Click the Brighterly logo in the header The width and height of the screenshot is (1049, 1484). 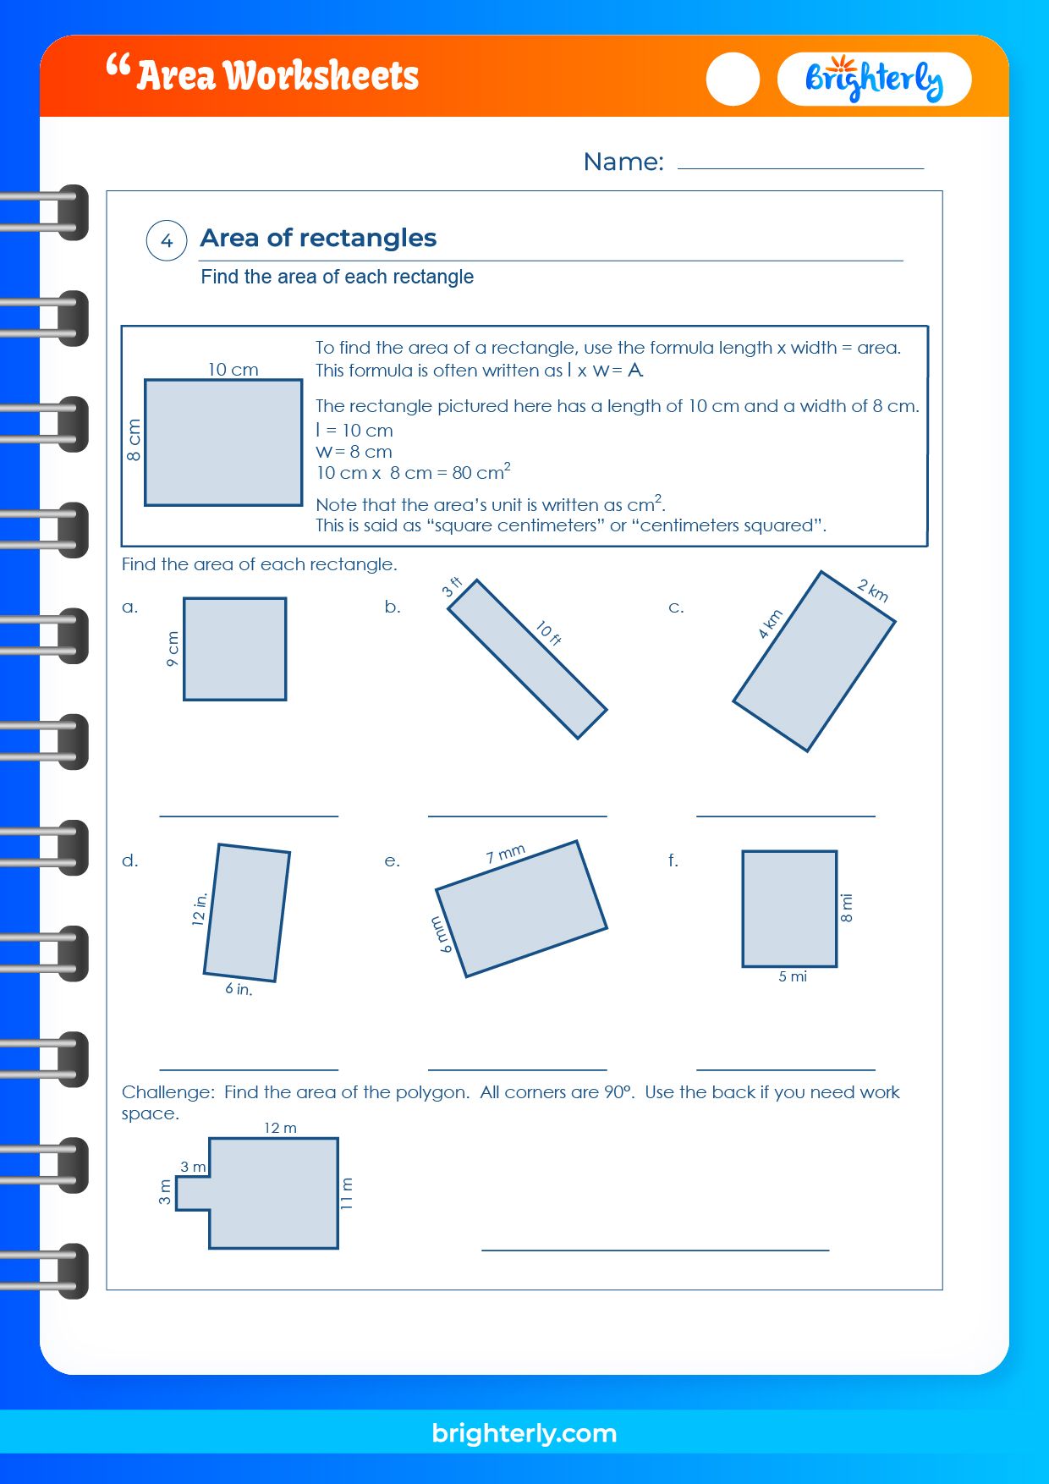tap(873, 80)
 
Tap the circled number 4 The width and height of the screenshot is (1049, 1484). tap(167, 241)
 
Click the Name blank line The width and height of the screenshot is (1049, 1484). tap(799, 167)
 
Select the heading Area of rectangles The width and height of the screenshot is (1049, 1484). tap(318, 238)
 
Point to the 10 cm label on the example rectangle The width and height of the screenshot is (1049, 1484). tap(233, 370)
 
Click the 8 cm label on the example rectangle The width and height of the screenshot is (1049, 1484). tap(134, 440)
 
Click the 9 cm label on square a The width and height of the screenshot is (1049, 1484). tap(173, 649)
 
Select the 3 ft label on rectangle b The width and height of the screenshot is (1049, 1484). tap(453, 586)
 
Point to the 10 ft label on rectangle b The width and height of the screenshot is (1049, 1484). tap(548, 633)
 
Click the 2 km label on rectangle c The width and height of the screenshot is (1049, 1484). tap(872, 591)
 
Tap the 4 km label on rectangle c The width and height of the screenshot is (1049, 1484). tap(770, 624)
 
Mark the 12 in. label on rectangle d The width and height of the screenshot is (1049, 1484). tap(200, 910)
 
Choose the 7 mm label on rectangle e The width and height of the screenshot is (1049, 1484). tap(505, 854)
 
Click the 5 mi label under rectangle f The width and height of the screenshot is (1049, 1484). tap(792, 976)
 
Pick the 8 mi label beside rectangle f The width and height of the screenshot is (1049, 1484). tap(847, 908)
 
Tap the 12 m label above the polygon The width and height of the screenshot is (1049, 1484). tap(280, 1128)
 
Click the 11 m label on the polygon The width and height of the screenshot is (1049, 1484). tap(347, 1193)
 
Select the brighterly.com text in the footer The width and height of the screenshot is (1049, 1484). tap(524, 1433)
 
